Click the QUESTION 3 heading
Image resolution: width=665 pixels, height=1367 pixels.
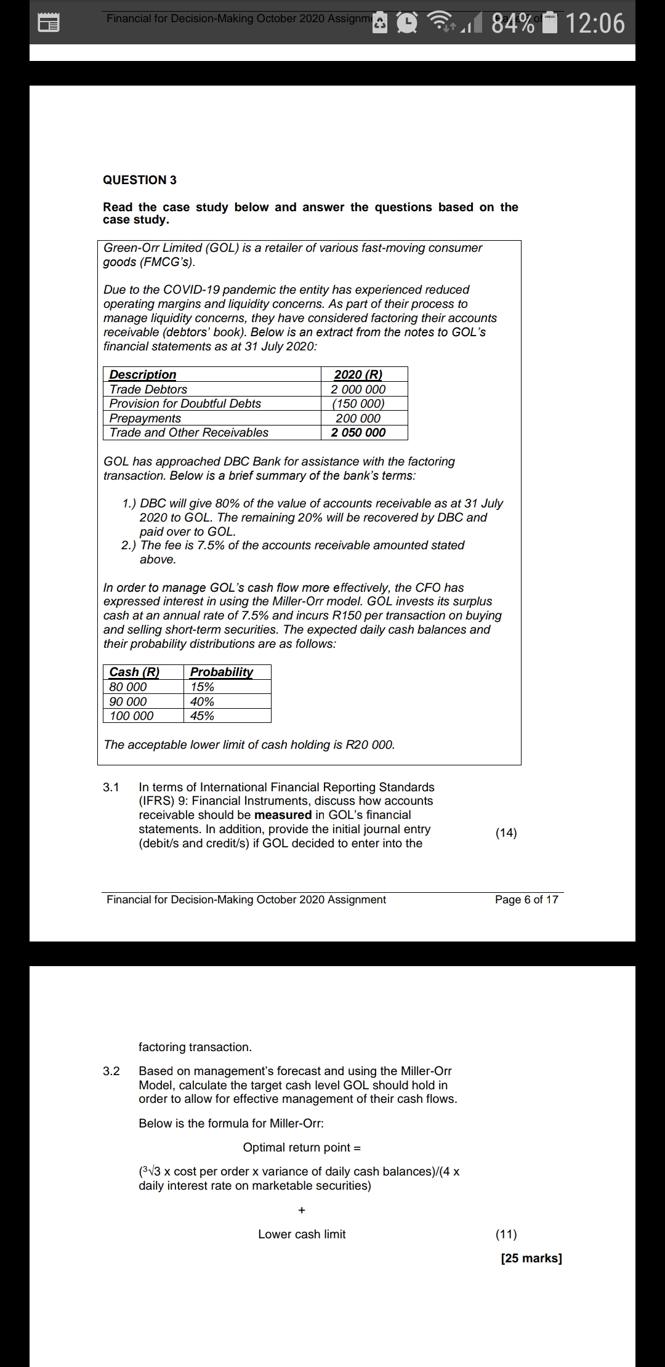point(140,180)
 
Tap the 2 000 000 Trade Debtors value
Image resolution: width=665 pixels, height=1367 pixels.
point(358,389)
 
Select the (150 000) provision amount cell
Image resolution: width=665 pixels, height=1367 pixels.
point(358,403)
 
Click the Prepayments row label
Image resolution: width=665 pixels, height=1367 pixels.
point(145,418)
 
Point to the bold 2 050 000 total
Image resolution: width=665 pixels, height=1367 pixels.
point(358,432)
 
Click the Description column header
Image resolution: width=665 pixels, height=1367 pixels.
point(143,374)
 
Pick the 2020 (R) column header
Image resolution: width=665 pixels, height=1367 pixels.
point(358,374)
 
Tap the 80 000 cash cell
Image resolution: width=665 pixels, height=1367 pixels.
point(128,687)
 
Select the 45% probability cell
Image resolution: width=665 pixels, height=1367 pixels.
point(202,716)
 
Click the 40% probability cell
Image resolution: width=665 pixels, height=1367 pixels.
point(202,701)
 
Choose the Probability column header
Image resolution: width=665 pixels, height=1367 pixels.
point(221,672)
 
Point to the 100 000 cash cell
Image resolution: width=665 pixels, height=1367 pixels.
point(132,716)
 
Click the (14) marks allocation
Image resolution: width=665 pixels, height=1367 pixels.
point(506,833)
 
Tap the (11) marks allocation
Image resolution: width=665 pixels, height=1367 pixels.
point(506,1234)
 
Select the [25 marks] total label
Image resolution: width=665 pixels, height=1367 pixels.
point(531,1258)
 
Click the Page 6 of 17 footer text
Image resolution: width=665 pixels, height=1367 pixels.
point(526,900)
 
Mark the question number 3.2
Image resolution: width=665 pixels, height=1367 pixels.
point(111,1071)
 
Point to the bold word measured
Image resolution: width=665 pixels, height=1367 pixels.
point(283,815)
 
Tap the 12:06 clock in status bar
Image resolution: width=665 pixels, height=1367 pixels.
point(594,23)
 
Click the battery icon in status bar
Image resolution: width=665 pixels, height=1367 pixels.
point(550,23)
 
